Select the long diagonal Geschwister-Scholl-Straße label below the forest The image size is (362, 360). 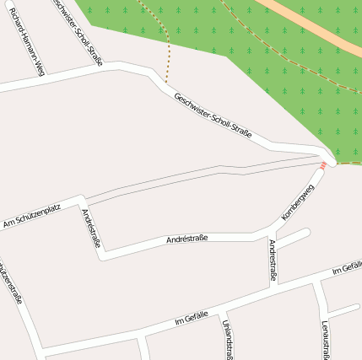tap(213, 115)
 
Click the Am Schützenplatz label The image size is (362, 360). tap(32, 216)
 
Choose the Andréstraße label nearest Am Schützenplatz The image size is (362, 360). tap(91, 228)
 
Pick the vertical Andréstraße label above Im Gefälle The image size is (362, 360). tap(273, 260)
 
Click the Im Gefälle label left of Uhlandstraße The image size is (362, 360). tap(191, 317)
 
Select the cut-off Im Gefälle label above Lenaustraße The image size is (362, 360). tap(347, 269)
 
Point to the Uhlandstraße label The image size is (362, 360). tap(227, 339)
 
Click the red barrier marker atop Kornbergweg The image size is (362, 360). tap(322, 165)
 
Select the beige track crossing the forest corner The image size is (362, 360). tap(321, 25)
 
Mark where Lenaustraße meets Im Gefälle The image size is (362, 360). tap(316, 283)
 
